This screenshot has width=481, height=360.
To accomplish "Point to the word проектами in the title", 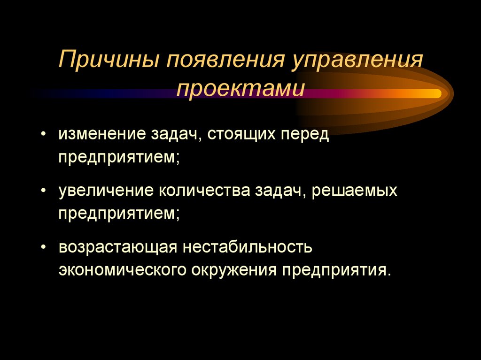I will click(x=240, y=89).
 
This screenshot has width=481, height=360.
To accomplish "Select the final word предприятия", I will click(x=328, y=272).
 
